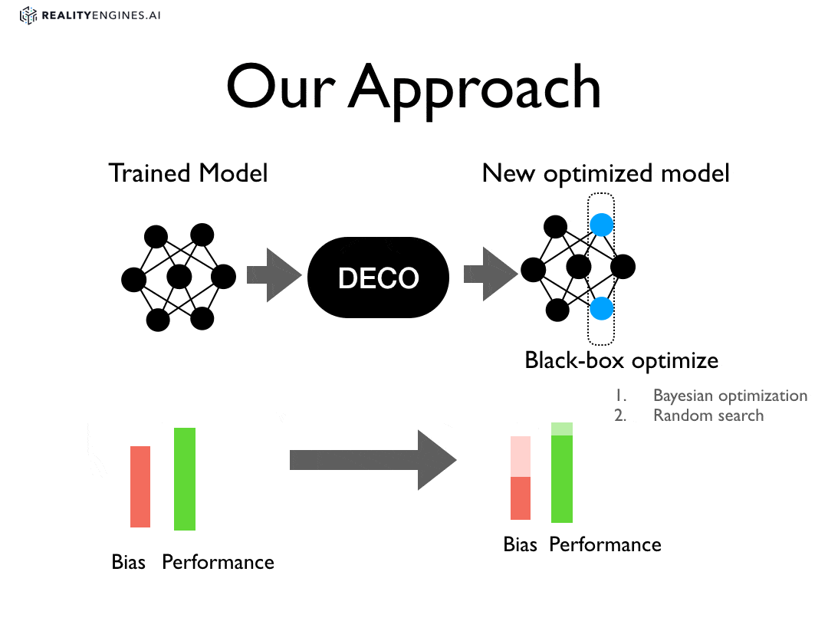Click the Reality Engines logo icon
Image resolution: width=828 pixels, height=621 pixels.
click(x=28, y=15)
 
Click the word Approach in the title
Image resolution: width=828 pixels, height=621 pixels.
click(x=475, y=87)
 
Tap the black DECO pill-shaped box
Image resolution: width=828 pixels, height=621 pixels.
click(x=378, y=278)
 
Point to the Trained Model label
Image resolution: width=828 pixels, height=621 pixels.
click(x=188, y=172)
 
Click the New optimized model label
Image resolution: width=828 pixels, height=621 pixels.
click(x=606, y=172)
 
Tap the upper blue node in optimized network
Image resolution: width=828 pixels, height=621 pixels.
click(x=602, y=225)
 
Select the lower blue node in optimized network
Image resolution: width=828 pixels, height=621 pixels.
click(x=602, y=308)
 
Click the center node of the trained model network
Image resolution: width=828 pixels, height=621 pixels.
click(x=179, y=277)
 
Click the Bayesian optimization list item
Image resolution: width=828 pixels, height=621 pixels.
click(x=730, y=396)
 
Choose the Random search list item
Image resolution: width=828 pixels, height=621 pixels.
click(x=708, y=416)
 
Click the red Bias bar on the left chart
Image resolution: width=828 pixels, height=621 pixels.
click(x=140, y=486)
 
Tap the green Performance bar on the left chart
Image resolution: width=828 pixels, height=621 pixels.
click(x=185, y=478)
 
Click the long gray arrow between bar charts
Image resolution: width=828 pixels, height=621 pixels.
click(x=372, y=460)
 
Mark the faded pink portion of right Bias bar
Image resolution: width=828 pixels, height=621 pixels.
click(x=521, y=456)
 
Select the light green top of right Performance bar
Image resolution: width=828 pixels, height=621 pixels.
click(x=562, y=429)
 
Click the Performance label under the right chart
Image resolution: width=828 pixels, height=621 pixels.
click(x=605, y=544)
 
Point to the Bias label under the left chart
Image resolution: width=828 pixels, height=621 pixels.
click(x=128, y=562)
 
